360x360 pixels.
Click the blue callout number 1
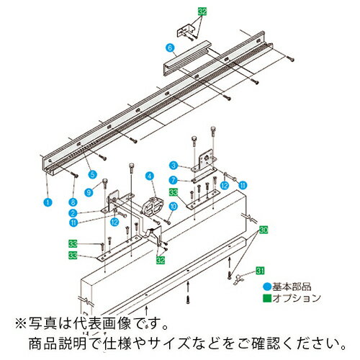pyautogui.click(x=47, y=204)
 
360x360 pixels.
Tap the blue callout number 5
pyautogui.click(x=92, y=174)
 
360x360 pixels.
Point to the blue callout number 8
pyautogui.click(x=73, y=204)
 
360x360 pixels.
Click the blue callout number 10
pyautogui.click(x=173, y=207)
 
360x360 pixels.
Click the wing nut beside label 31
pyautogui.click(x=236, y=275)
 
